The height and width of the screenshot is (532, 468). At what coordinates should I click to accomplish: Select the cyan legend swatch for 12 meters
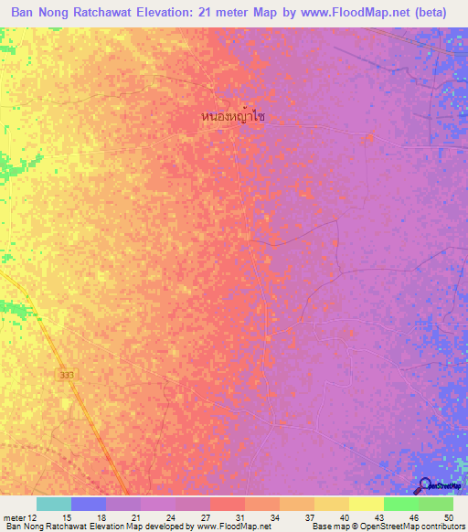pos(54,504)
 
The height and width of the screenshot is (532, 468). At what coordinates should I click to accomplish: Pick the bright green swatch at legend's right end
pos(436,504)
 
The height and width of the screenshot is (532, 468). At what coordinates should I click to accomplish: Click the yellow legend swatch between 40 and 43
pos(366,504)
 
